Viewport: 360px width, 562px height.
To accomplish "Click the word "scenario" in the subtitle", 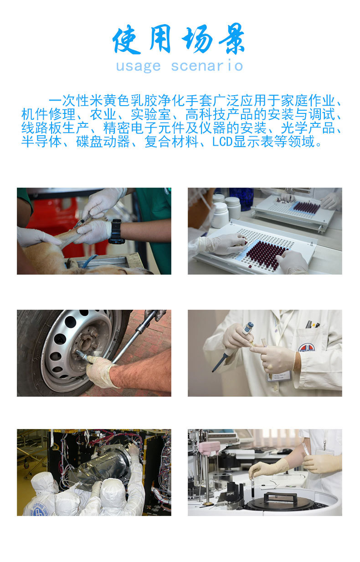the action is point(207,66).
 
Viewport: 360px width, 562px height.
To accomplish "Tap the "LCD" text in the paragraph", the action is point(222,142).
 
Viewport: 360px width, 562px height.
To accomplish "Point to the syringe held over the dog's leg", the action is point(83,221).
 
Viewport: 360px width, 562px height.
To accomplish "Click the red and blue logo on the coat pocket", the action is point(306,347).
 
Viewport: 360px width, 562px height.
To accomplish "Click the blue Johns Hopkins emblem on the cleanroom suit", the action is point(39,509).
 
